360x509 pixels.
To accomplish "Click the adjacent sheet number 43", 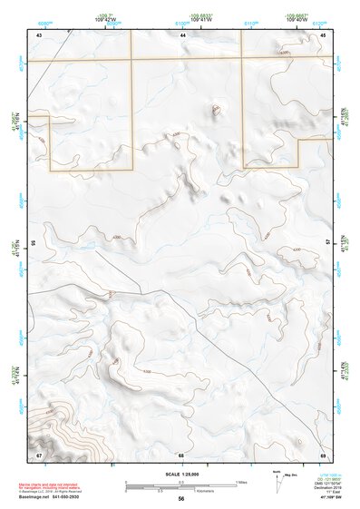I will pos(39,34).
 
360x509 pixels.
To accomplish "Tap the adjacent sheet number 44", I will pos(183,34).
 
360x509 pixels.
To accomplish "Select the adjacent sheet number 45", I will pos(324,34).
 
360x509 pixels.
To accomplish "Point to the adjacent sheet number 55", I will pos(34,243).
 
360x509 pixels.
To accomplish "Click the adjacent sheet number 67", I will pos(39,455).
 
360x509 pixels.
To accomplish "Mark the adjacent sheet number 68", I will pos(181,455).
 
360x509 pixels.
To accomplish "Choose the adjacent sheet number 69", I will pos(324,455).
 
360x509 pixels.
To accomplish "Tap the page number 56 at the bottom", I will pos(181,499).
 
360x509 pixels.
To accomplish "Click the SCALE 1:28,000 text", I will pos(181,475).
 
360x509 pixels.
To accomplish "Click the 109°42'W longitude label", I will pos(107,20).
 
